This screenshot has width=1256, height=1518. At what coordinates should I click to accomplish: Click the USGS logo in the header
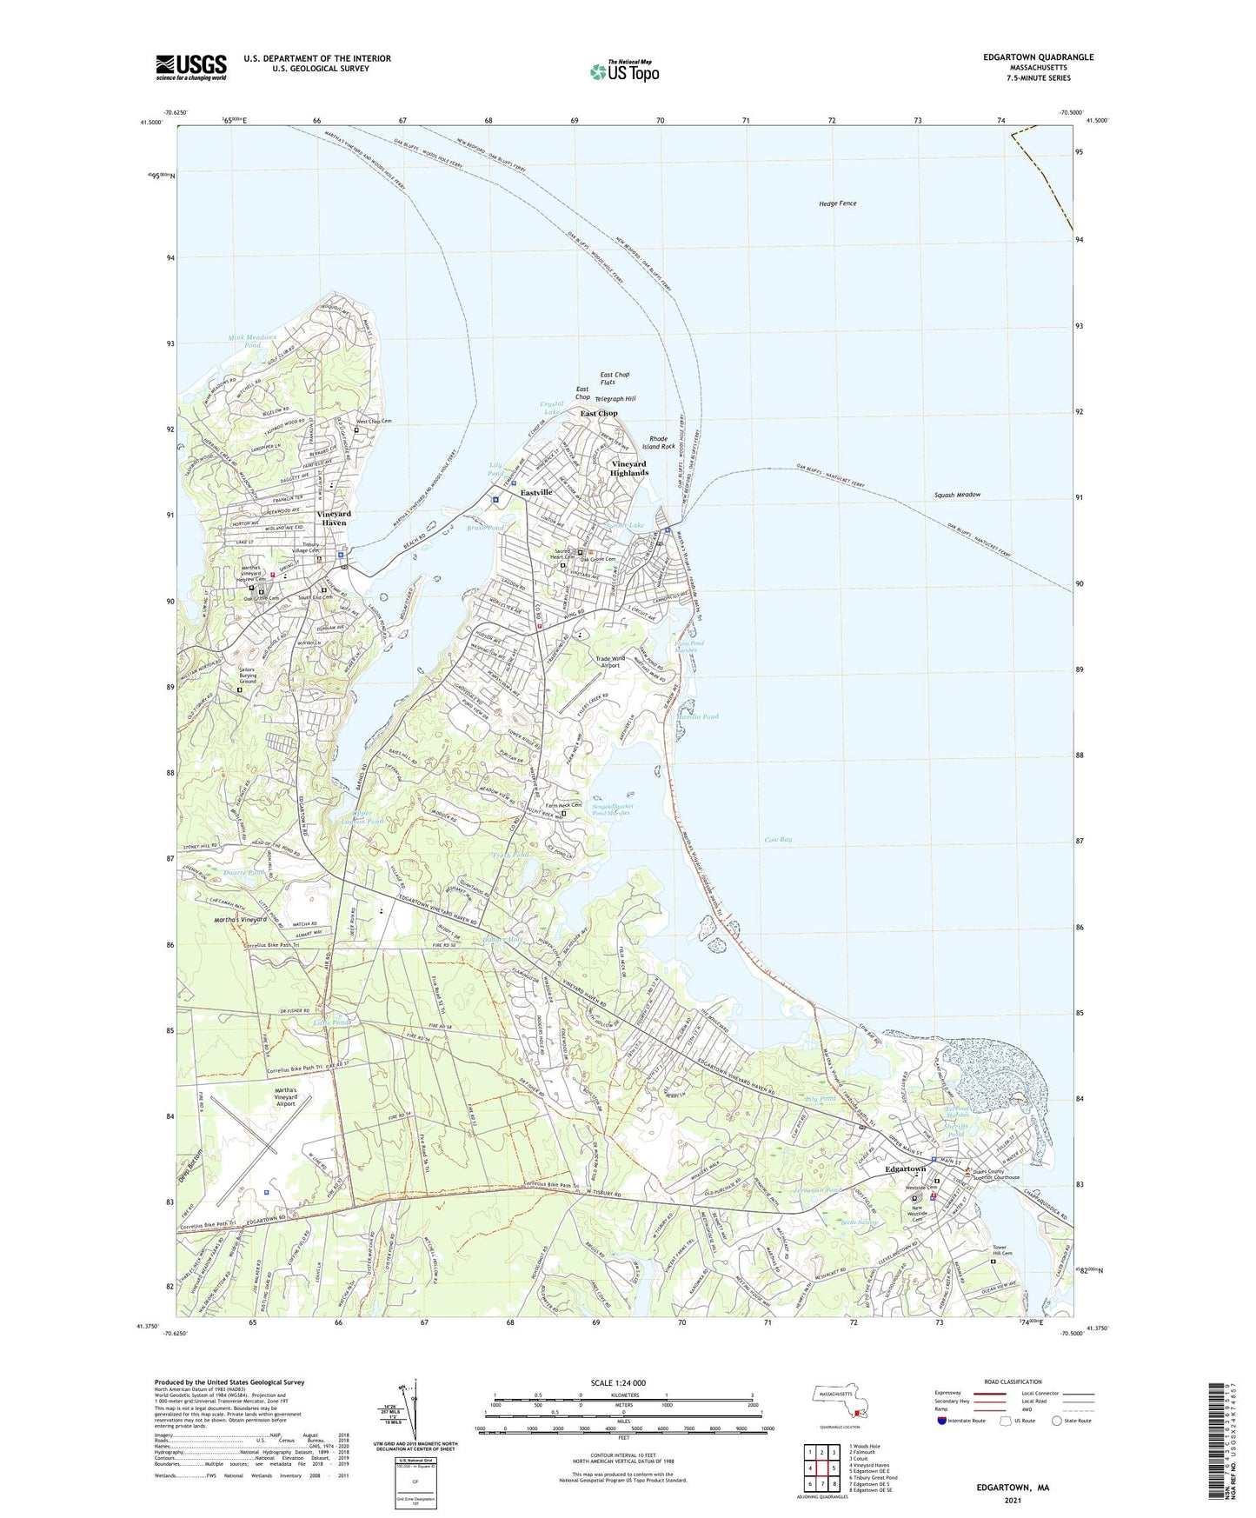click(x=191, y=67)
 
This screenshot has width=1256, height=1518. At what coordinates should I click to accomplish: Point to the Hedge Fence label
click(x=837, y=203)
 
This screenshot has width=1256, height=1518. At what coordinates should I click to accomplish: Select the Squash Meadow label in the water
click(x=957, y=495)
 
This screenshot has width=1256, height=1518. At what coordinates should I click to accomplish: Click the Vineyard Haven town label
click(x=331, y=518)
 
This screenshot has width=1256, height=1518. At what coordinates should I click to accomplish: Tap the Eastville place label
click(x=536, y=493)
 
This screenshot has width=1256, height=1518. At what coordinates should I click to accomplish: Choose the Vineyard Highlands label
click(x=628, y=469)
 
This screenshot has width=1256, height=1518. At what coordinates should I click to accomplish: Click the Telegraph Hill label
click(x=615, y=398)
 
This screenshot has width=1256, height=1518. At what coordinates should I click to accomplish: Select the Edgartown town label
click(x=905, y=1169)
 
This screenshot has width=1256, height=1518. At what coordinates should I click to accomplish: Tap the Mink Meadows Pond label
click(x=252, y=341)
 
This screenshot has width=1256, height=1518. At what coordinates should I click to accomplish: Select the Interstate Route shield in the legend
click(x=942, y=1421)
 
